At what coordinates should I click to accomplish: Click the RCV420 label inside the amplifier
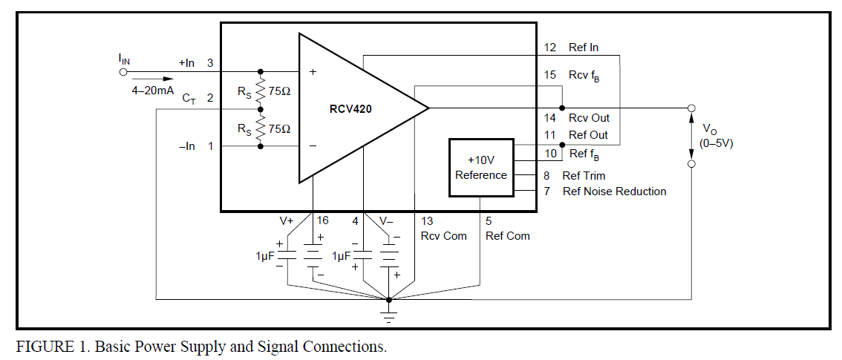(x=351, y=108)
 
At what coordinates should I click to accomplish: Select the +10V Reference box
(x=481, y=168)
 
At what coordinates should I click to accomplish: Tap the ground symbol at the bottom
(x=388, y=315)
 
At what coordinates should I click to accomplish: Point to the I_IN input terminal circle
(x=123, y=72)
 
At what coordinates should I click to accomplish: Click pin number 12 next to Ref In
(x=550, y=48)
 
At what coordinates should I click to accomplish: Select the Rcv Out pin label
(x=588, y=117)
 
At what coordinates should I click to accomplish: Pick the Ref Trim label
(x=584, y=176)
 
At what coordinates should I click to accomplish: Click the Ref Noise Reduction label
(x=614, y=192)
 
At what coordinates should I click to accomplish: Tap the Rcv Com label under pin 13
(x=443, y=235)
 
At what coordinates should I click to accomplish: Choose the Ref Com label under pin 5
(x=508, y=235)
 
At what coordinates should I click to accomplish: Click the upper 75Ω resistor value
(x=279, y=91)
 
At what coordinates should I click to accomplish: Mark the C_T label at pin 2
(x=189, y=98)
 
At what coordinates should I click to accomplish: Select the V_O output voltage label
(x=709, y=128)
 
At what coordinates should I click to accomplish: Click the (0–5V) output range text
(x=716, y=143)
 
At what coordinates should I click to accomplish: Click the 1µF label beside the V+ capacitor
(x=266, y=255)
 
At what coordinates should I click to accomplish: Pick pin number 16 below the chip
(x=322, y=220)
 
